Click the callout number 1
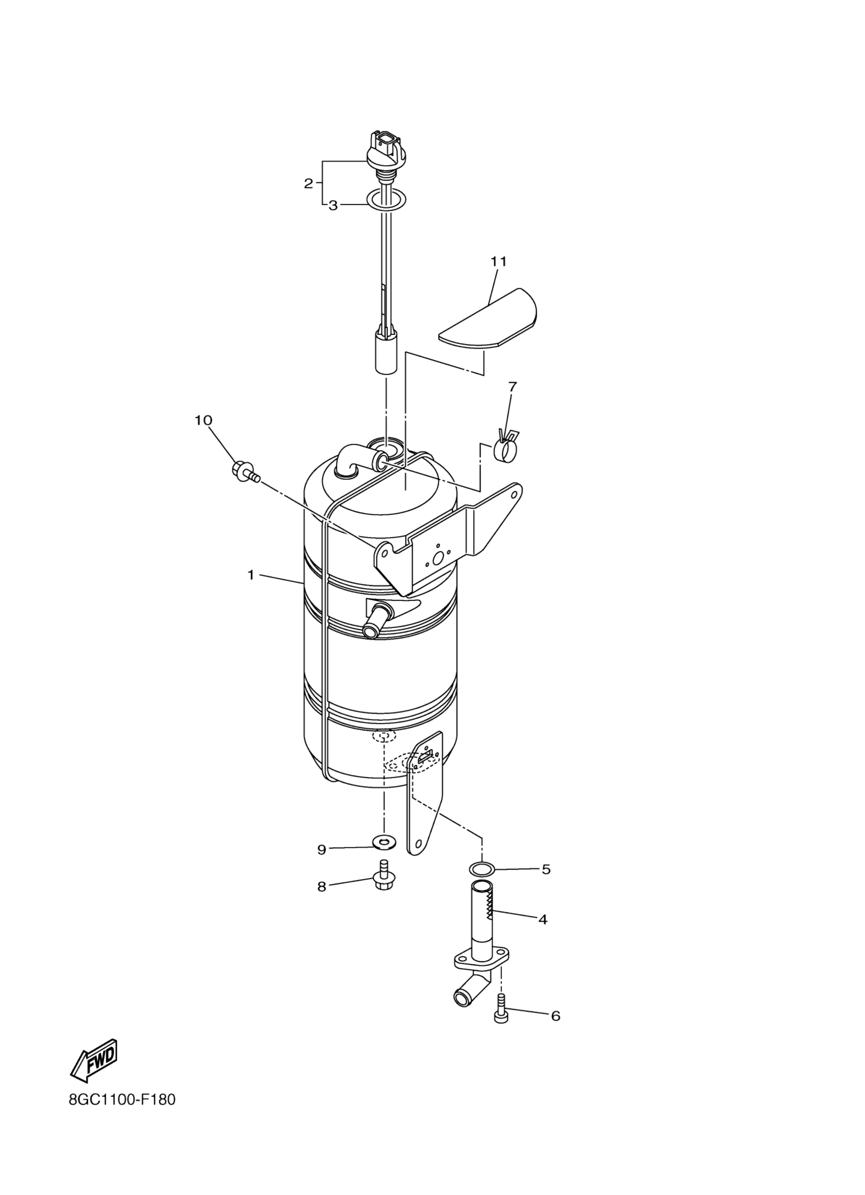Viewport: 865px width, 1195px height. (x=251, y=575)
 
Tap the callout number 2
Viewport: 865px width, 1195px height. (x=309, y=183)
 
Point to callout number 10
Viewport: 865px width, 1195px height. (x=203, y=420)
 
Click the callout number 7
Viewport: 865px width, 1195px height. (x=512, y=386)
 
